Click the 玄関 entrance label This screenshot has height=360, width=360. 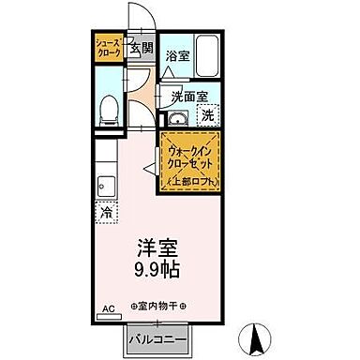(x=142, y=49)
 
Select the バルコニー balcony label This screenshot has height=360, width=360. (x=157, y=337)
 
